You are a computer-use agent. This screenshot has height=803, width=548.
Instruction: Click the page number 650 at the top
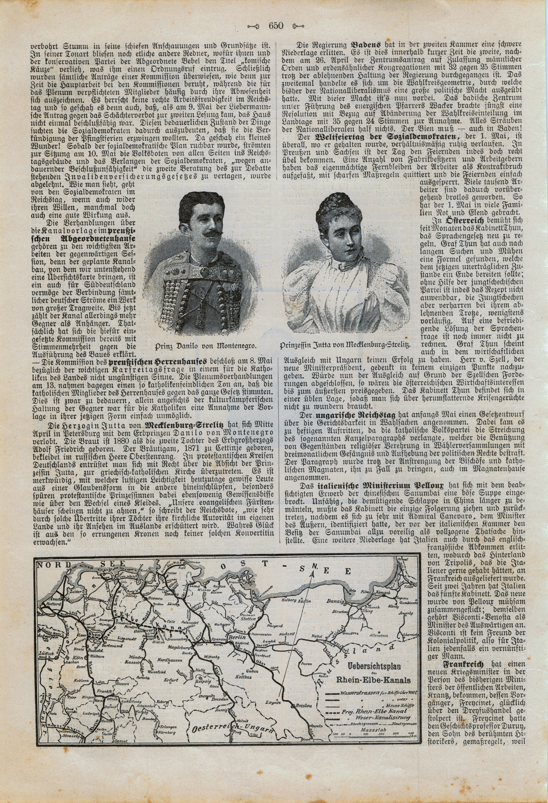tap(275, 26)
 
